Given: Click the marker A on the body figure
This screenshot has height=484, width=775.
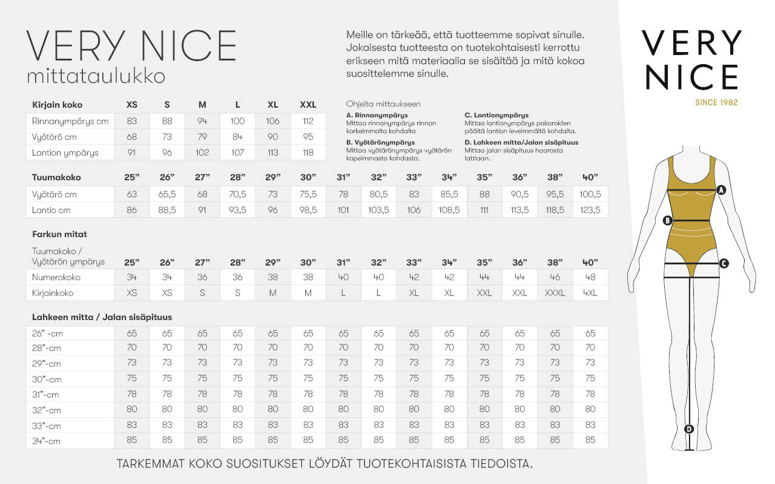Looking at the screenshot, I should (721, 189).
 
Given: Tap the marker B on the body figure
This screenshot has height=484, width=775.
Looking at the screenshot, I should (668, 220).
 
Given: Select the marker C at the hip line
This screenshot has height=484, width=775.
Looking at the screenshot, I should (724, 263).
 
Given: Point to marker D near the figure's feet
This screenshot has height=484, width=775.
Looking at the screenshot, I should (689, 429).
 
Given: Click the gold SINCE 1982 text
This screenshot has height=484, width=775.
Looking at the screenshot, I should (716, 102).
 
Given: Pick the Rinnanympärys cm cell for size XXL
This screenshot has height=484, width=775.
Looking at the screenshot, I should (308, 121).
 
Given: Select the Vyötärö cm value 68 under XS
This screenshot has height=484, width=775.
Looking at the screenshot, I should (132, 137).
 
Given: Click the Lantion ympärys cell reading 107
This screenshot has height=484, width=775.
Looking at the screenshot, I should (237, 152).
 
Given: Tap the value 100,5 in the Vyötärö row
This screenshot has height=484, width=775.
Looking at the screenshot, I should (590, 194).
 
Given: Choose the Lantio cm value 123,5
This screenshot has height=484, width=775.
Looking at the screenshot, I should (590, 210).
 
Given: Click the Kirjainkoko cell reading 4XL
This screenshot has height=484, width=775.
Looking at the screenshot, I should (590, 293).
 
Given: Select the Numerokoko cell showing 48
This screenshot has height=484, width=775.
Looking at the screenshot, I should (590, 277).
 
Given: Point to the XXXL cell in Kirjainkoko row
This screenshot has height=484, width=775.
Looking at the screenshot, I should (555, 293).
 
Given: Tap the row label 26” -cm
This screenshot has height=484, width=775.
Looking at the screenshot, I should (47, 333).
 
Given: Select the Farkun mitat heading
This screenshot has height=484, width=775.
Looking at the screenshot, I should (56, 234).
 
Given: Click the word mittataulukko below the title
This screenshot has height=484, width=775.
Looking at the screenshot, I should (96, 77).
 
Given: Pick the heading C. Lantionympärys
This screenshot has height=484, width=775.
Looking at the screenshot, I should (496, 115).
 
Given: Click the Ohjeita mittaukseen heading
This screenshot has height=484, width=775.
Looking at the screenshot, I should (383, 104).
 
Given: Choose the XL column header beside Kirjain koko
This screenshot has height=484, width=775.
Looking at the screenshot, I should (273, 105).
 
